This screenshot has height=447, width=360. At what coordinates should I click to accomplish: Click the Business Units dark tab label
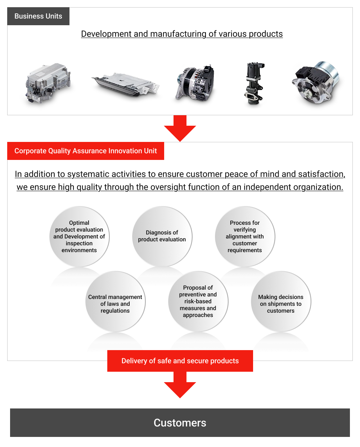38,16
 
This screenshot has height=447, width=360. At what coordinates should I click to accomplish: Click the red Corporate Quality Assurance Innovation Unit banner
86,151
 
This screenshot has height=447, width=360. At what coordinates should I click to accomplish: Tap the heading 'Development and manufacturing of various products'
182,34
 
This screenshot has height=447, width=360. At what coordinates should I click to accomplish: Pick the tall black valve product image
255,84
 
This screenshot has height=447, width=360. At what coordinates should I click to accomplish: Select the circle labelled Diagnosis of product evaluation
162,236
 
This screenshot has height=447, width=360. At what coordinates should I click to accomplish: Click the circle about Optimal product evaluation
79,236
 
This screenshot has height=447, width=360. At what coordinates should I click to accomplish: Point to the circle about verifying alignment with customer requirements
245,236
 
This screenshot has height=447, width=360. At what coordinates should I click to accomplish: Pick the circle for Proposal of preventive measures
198,301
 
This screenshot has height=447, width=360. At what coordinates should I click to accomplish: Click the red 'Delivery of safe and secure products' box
180,361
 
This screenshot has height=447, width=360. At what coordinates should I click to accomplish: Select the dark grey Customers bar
180,423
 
